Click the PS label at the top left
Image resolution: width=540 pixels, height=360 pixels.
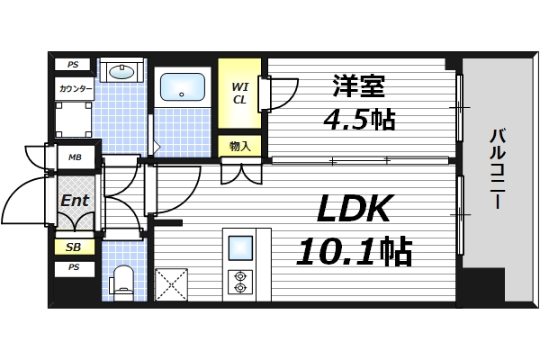[73, 65]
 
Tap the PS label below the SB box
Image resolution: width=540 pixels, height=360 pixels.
[73, 268]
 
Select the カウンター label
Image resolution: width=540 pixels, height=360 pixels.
[73, 88]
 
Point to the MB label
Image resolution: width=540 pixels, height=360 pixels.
[73, 157]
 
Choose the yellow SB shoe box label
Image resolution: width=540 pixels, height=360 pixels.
[73, 247]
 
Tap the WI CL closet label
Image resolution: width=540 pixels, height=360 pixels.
[239, 93]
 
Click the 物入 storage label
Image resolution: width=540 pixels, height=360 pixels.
[239, 146]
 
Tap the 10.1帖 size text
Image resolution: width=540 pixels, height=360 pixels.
[354, 250]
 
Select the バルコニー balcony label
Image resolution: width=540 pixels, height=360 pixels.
[497, 171]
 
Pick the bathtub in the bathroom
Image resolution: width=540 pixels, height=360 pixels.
[184, 88]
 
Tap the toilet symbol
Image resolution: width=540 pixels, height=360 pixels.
[122, 282]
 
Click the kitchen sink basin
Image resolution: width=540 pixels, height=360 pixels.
[240, 247]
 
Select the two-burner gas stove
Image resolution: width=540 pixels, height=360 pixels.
[240, 281]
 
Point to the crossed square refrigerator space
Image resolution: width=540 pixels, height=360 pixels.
[173, 285]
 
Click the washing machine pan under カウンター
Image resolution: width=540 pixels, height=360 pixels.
[72, 118]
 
